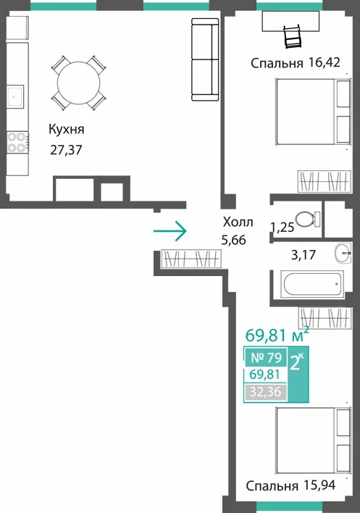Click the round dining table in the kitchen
[x=78, y=83]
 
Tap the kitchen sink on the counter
[x=15, y=96]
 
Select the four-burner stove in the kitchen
[x=17, y=142]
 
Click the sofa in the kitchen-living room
[x=205, y=59]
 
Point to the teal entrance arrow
[x=170, y=231]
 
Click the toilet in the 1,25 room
[x=308, y=219]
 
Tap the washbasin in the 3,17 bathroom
[x=343, y=253]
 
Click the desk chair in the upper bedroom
[x=293, y=37]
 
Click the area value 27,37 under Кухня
[x=66, y=150]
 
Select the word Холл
[x=238, y=222]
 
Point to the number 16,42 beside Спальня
[x=324, y=62]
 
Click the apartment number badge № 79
[x=266, y=358]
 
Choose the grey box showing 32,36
[x=266, y=391]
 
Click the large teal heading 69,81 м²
[x=277, y=335]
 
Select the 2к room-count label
[x=297, y=362]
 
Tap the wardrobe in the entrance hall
[x=192, y=259]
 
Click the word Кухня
[x=67, y=129]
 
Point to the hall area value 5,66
[x=234, y=240]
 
